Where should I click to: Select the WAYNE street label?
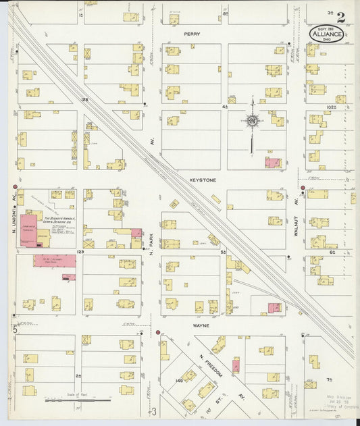point(201,325)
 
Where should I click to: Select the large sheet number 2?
point(341,18)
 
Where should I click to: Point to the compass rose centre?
point(252,122)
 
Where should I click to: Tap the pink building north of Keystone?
point(272,163)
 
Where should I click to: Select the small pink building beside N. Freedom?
point(236,367)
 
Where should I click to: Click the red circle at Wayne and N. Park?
point(157,333)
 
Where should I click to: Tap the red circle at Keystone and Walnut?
point(303,188)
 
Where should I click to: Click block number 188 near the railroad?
point(85,100)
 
